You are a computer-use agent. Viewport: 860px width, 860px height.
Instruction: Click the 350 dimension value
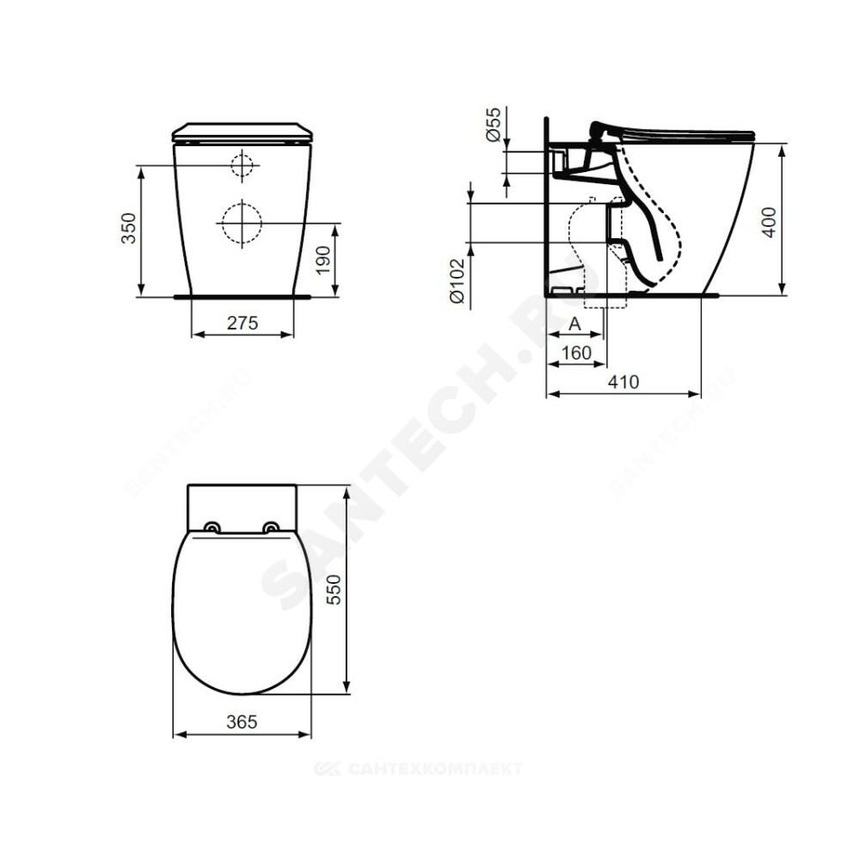(x=128, y=228)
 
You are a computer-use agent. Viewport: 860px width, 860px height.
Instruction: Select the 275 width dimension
(x=243, y=323)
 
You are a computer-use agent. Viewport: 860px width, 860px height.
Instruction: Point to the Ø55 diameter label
(x=493, y=125)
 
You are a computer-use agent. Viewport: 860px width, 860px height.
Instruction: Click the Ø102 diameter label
(x=457, y=281)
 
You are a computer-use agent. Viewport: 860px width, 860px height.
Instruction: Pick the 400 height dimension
(x=770, y=222)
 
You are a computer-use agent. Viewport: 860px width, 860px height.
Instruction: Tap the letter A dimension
(x=574, y=324)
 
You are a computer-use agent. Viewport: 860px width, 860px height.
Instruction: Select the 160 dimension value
(x=576, y=353)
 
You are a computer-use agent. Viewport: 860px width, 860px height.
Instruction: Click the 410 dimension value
(x=623, y=382)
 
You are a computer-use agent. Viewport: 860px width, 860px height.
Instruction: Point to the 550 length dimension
(x=334, y=590)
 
